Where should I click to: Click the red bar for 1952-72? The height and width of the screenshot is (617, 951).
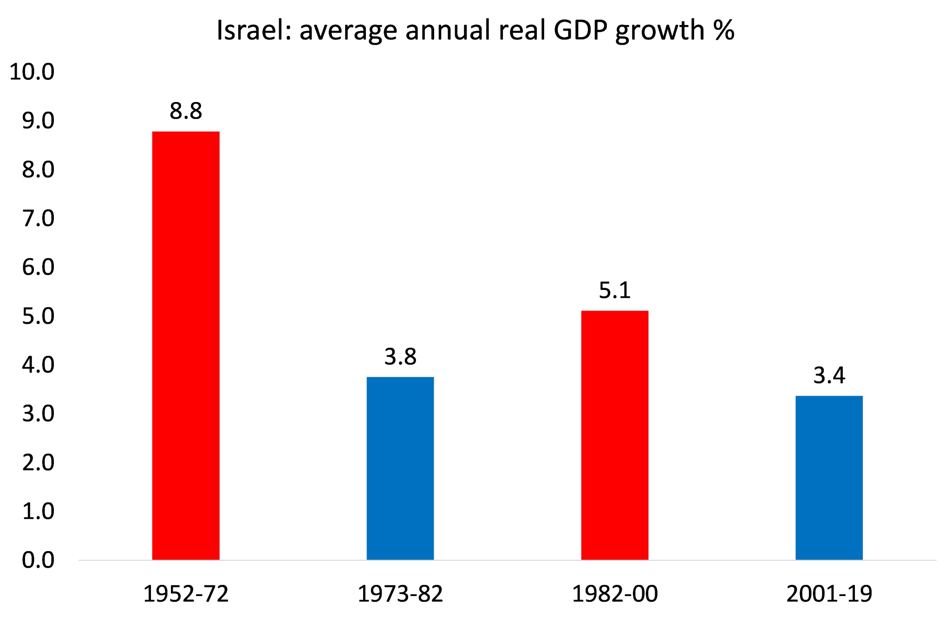click(186, 346)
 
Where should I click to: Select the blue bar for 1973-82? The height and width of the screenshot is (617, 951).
click(400, 468)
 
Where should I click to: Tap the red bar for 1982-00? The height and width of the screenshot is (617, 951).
click(614, 435)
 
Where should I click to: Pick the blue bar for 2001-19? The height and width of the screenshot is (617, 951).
click(829, 477)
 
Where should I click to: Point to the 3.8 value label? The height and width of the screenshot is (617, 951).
click(400, 357)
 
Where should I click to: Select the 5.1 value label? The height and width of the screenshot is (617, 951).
click(614, 290)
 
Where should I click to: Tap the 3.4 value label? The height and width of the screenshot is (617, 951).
click(829, 375)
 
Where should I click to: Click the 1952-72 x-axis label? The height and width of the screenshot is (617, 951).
click(186, 594)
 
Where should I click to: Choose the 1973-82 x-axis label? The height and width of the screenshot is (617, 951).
click(400, 594)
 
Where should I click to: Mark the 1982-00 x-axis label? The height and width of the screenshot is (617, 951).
click(614, 594)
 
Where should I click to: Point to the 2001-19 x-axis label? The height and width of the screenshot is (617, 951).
click(829, 594)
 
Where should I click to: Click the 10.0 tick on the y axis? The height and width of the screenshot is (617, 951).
click(32, 72)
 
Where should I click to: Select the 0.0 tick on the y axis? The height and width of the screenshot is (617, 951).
click(38, 560)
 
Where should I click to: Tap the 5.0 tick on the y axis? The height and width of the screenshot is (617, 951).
click(38, 316)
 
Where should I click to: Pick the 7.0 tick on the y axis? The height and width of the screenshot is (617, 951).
click(38, 219)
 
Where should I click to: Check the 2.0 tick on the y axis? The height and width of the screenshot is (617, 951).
click(38, 463)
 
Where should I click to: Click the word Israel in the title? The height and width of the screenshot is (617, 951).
click(254, 31)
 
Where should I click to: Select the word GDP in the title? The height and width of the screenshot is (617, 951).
click(580, 31)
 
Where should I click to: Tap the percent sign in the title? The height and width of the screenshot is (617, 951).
click(723, 31)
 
